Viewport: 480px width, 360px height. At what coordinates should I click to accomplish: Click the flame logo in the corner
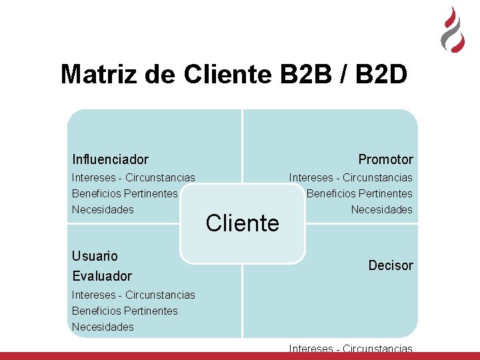(453, 29)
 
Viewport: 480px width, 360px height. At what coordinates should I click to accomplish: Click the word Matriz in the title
(99, 75)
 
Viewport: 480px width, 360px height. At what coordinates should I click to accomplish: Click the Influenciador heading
(110, 159)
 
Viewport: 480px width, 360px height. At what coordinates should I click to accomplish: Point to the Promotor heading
(385, 159)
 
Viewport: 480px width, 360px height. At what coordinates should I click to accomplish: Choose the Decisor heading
(391, 265)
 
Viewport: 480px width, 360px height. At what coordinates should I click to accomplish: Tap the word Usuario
(95, 256)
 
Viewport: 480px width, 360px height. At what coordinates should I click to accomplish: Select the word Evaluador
(102, 276)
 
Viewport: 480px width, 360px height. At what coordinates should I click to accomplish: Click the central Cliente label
(243, 223)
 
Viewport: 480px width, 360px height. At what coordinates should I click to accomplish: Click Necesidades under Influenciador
(103, 209)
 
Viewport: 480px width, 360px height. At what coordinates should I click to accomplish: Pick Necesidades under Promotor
(382, 209)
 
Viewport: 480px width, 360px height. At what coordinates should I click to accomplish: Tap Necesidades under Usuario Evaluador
(103, 327)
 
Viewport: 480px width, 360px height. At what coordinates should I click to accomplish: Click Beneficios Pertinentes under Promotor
(359, 193)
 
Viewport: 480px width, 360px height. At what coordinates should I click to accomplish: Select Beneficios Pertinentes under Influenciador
(125, 193)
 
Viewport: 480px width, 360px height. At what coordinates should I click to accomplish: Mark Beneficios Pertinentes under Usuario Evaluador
(125, 311)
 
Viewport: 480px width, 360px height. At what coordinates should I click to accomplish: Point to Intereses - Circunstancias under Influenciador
(133, 177)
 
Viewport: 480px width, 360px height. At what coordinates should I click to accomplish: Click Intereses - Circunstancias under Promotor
(351, 177)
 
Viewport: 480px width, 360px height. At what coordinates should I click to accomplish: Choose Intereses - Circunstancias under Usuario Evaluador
(133, 295)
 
